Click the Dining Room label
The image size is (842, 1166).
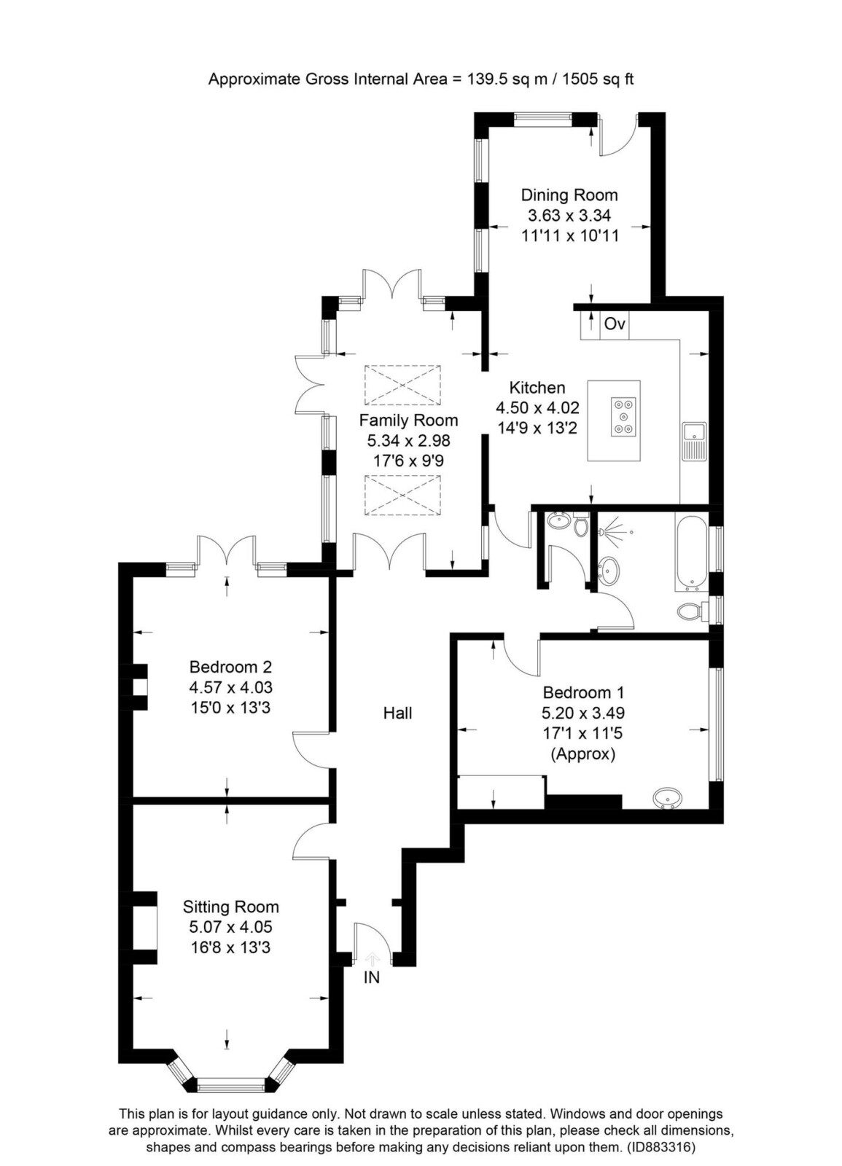pyautogui.click(x=569, y=195)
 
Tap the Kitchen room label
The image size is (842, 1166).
pyautogui.click(x=537, y=387)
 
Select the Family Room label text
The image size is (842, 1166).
pyautogui.click(x=408, y=420)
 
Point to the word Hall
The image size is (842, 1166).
pyautogui.click(x=398, y=713)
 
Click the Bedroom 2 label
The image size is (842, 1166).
pyautogui.click(x=230, y=667)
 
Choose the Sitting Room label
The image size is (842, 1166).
pyautogui.click(x=230, y=907)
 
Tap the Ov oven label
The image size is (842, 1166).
pyautogui.click(x=615, y=324)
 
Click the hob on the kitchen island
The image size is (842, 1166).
pyautogui.click(x=624, y=417)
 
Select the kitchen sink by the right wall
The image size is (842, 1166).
pyautogui.click(x=694, y=442)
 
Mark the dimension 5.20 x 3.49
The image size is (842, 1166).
pyautogui.click(x=583, y=713)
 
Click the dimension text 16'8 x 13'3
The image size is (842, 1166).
pyautogui.click(x=230, y=947)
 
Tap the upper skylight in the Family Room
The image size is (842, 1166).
pyautogui.click(x=402, y=386)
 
